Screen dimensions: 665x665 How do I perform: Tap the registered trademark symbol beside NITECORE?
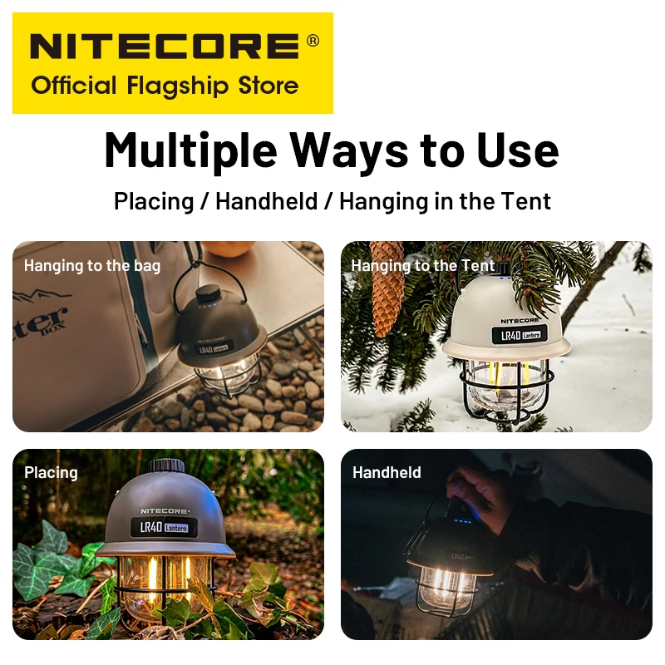click(x=312, y=40)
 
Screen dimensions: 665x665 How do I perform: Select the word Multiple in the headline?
click(x=188, y=150)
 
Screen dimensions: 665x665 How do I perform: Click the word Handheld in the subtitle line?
click(x=266, y=200)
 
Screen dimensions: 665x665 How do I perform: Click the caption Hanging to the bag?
click(x=92, y=266)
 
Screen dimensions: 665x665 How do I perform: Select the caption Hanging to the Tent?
click(x=423, y=266)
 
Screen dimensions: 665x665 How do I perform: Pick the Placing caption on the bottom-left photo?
click(x=51, y=473)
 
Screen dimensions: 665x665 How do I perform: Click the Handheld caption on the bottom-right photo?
click(x=387, y=473)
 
